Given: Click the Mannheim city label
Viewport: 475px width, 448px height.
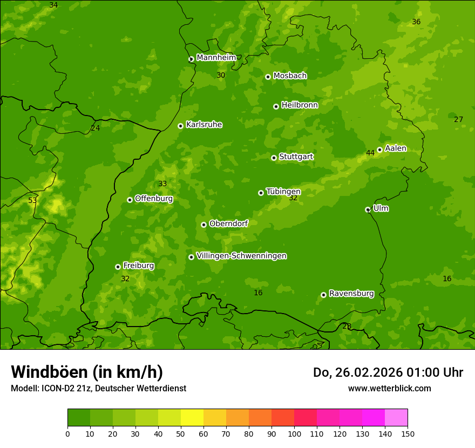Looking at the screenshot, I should pyautogui.click(x=216, y=58).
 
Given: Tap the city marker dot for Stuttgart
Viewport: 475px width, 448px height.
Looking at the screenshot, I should pyautogui.click(x=274, y=158).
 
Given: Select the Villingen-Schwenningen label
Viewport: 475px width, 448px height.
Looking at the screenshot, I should pyautogui.click(x=241, y=256).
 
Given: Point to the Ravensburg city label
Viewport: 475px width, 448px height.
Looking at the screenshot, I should pyautogui.click(x=351, y=294).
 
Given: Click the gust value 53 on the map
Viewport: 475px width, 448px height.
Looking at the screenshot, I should pyautogui.click(x=33, y=201).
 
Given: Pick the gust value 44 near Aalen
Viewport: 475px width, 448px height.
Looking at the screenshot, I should pyautogui.click(x=370, y=153).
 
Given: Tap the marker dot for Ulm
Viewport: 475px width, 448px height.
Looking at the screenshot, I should pyautogui.click(x=368, y=209).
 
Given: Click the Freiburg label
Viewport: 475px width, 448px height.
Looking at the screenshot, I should pyautogui.click(x=138, y=266).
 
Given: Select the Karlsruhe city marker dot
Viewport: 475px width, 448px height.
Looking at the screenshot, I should pyautogui.click(x=180, y=126).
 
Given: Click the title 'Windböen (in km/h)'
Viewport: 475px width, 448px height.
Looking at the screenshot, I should pyautogui.click(x=87, y=372).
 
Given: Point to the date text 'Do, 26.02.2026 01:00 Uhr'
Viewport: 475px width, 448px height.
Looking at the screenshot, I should pyautogui.click(x=388, y=372).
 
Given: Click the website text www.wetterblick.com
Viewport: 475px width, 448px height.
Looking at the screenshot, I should pyautogui.click(x=389, y=388).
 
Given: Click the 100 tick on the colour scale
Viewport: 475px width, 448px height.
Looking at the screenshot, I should pyautogui.click(x=294, y=433).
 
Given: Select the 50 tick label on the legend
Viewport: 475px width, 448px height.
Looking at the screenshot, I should pyautogui.click(x=181, y=433).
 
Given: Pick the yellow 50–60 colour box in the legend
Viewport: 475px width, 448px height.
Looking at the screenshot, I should pyautogui.click(x=192, y=418).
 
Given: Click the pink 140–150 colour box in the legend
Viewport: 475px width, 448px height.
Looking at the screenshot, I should pyautogui.click(x=396, y=418).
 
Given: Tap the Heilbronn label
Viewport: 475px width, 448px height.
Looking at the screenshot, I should pyautogui.click(x=300, y=105).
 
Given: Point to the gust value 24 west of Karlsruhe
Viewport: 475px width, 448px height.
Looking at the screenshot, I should pyautogui.click(x=96, y=128).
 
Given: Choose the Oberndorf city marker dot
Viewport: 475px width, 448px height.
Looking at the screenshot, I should pyautogui.click(x=203, y=225).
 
